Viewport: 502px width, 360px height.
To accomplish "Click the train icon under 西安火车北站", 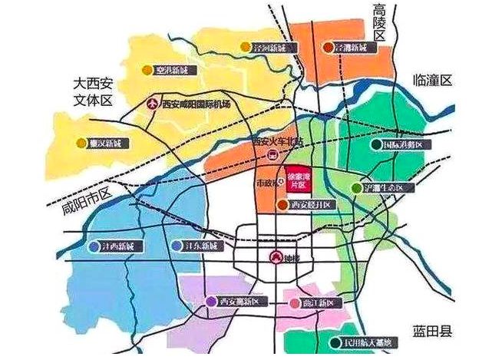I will pos(270,155).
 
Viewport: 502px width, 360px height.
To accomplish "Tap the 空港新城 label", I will pos(173,70).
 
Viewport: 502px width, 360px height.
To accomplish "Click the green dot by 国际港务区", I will pos(375,144).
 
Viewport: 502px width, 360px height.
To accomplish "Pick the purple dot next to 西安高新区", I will pos(211,302).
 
